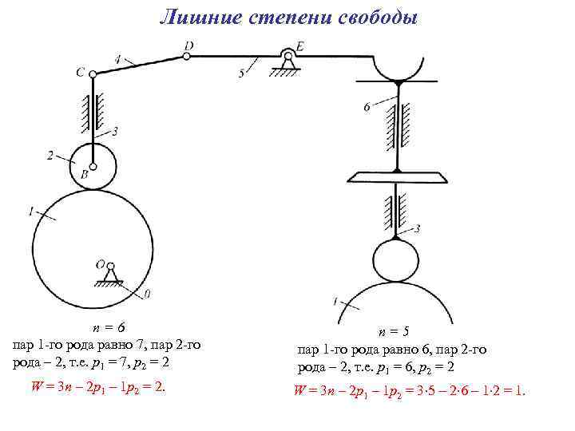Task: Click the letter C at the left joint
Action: pyautogui.click(x=81, y=72)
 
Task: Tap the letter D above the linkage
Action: pyautogui.click(x=188, y=46)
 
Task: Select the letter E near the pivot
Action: pyautogui.click(x=299, y=47)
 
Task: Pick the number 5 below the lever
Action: pyautogui.click(x=241, y=74)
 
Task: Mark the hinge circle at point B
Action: pyautogui.click(x=93, y=167)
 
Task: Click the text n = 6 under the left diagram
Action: pyautogui.click(x=108, y=327)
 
